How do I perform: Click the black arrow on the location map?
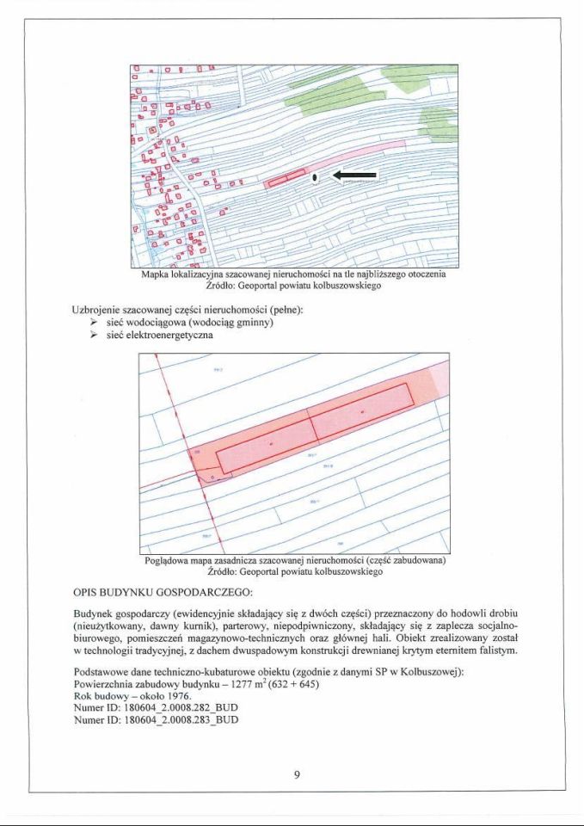pyautogui.click(x=350, y=176)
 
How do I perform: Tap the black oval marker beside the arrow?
pyautogui.click(x=316, y=177)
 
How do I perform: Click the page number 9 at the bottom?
pyautogui.click(x=296, y=775)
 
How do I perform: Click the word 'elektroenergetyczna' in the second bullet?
pyautogui.click(x=169, y=336)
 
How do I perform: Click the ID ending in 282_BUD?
pyautogui.click(x=181, y=708)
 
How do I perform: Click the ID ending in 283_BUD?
pyautogui.click(x=181, y=720)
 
